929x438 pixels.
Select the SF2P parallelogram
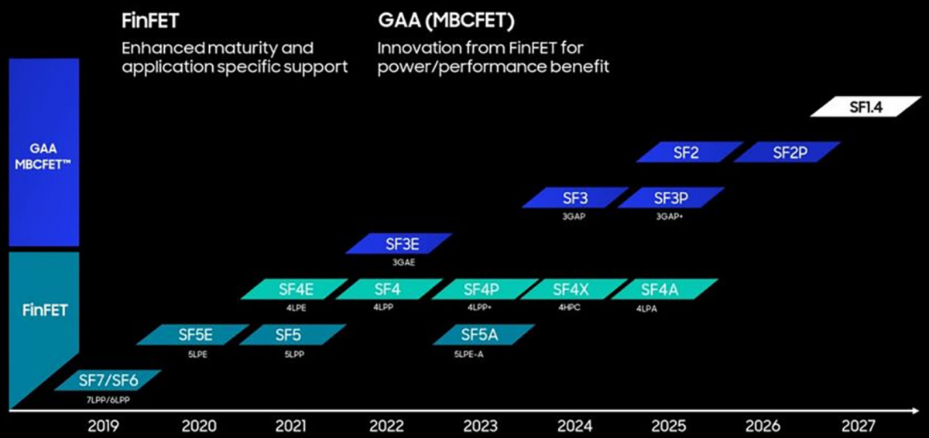coord(787,152)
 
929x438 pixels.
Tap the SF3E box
coord(399,243)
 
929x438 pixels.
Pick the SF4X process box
coord(574,289)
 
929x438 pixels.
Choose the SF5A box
coord(484,334)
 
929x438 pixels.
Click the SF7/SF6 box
coord(108,380)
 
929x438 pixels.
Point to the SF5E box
coord(193,334)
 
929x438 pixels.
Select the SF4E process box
coord(294,289)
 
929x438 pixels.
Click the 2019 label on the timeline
coord(103,426)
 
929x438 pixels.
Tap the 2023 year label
coord(480,426)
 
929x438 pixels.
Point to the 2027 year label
coord(858,426)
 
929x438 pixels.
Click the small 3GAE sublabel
coord(403,262)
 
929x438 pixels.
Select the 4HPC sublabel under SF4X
coord(569,307)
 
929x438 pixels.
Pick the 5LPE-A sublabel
coord(468,354)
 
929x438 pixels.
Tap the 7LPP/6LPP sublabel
coord(108,400)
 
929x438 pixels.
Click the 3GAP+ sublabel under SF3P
coord(669,217)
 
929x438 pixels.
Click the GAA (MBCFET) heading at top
coord(446,21)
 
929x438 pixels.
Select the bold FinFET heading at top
coord(150,21)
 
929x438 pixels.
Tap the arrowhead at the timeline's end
coord(916,411)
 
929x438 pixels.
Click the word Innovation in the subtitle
coord(419,48)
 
